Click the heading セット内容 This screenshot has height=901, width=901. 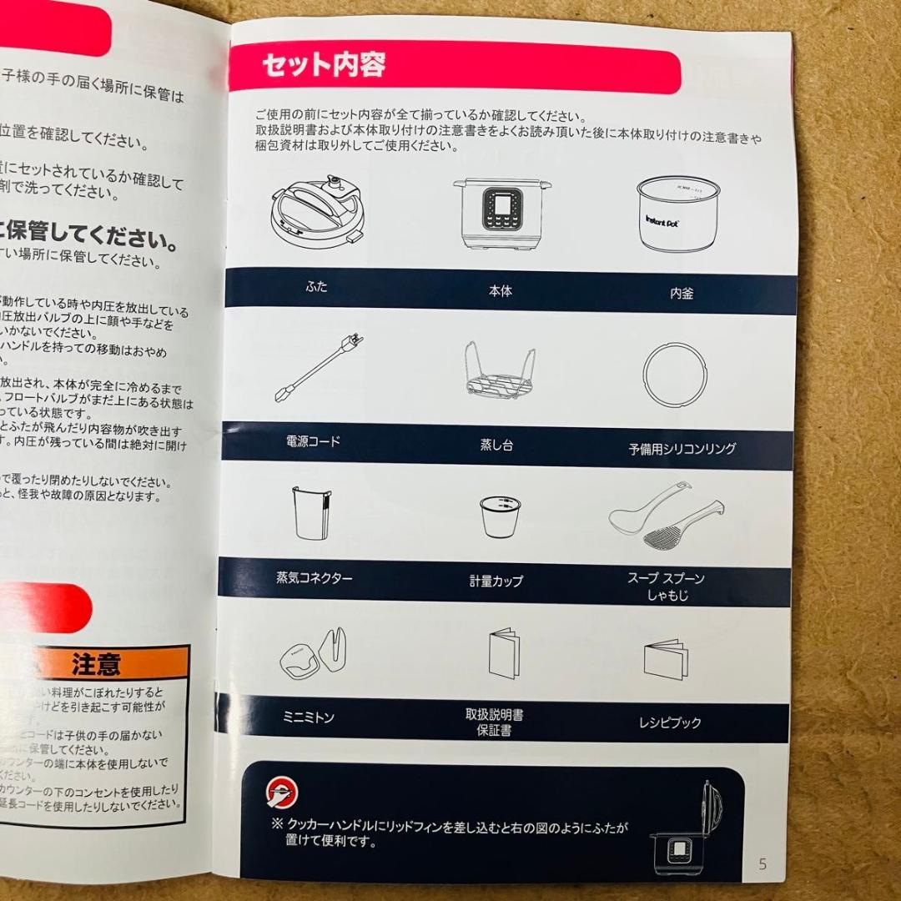pos(324,65)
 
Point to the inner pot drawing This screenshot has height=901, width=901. pos(677,214)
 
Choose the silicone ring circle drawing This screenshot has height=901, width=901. pos(675,375)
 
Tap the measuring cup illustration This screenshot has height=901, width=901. pos(501,516)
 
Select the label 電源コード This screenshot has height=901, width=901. pos(313,441)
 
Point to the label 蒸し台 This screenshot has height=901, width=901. pos(496,445)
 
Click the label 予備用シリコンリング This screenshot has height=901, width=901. pos(682,449)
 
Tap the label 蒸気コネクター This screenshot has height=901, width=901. pos(314,577)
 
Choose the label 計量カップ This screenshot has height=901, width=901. pos(496,581)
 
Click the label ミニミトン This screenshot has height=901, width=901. pos(309,717)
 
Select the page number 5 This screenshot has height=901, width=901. pos(762,863)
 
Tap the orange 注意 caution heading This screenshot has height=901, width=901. pos(96,664)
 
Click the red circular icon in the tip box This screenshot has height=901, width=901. pos(282,792)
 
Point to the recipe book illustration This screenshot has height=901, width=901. pos(666,659)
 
